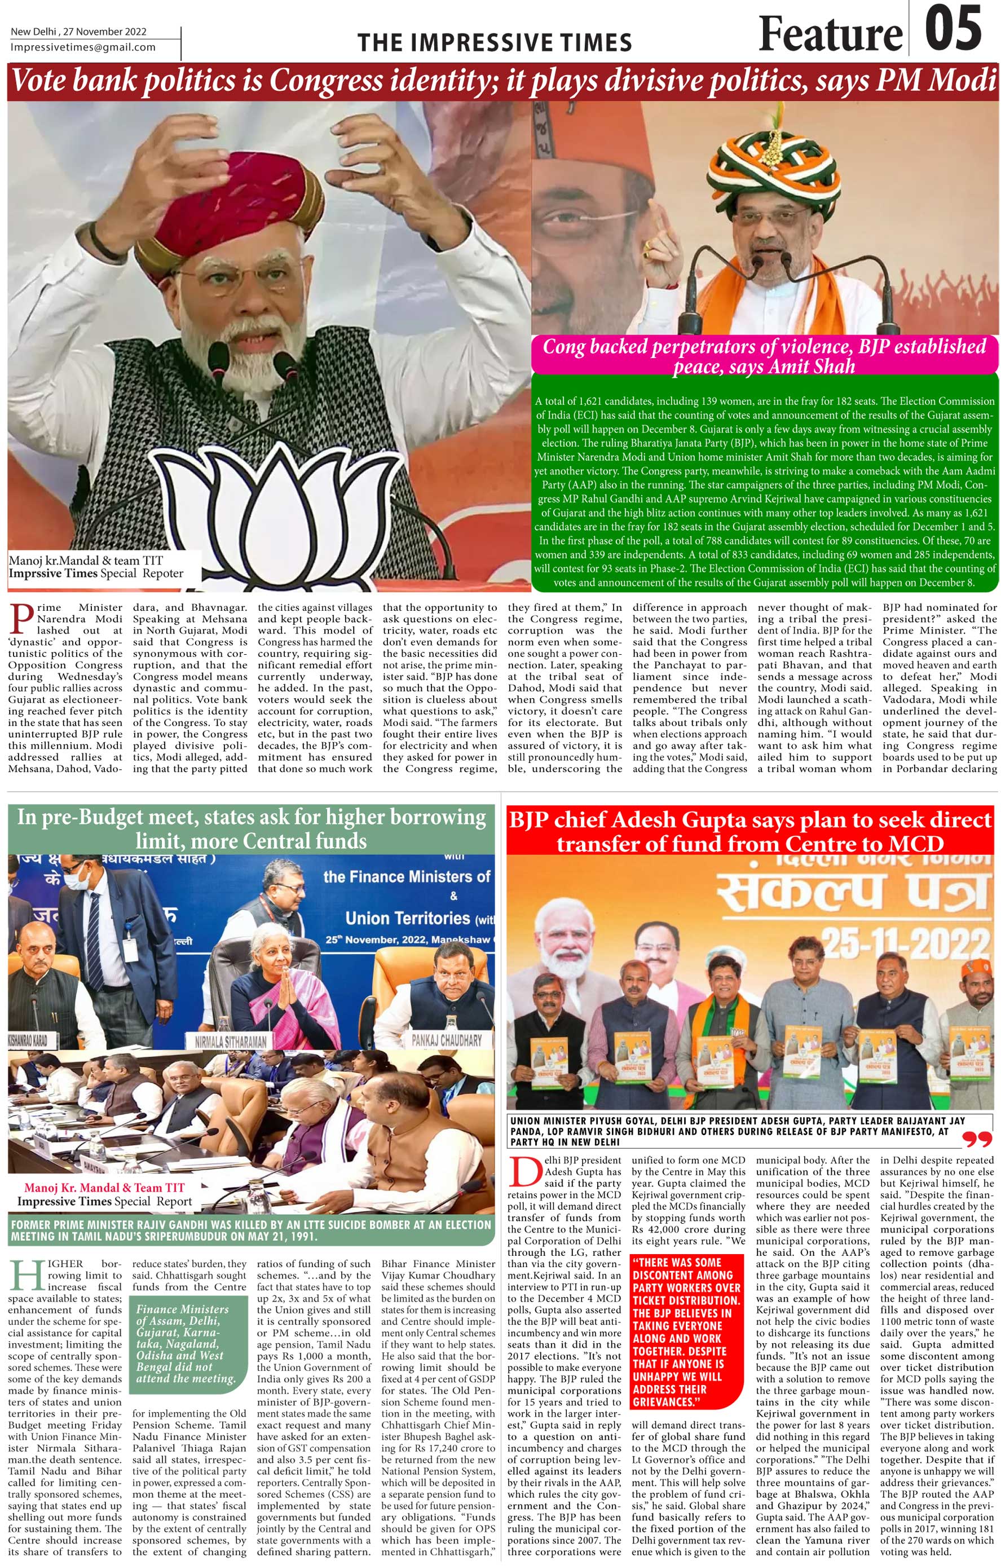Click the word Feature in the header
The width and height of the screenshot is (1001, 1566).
830,34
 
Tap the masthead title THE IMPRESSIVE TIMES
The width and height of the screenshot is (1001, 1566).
495,43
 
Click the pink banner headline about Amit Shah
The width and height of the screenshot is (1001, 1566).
764,356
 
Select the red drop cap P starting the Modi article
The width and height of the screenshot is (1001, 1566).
21,619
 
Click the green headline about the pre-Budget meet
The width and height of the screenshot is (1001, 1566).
251,828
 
